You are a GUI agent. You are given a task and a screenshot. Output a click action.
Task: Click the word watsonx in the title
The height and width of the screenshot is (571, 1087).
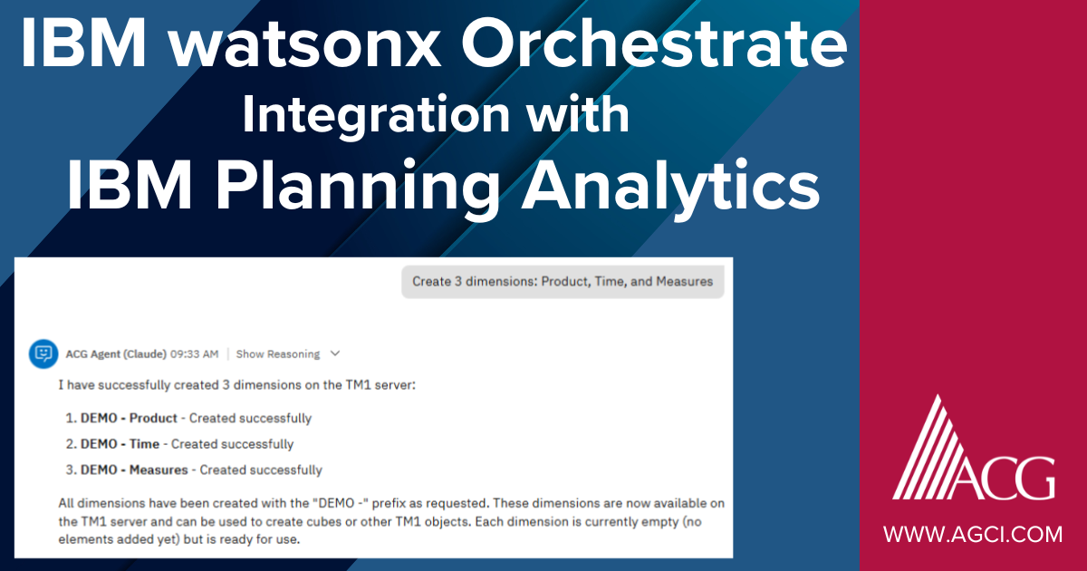(x=343, y=44)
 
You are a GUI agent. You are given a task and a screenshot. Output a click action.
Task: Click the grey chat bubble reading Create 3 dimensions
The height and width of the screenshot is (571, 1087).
(x=563, y=281)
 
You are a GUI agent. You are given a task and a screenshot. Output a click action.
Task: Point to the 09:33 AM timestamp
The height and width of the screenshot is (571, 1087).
(x=197, y=353)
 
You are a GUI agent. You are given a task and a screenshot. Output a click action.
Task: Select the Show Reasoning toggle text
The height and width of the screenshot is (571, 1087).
(x=277, y=353)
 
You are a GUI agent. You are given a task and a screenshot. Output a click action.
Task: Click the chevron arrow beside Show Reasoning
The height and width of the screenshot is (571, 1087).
(x=335, y=353)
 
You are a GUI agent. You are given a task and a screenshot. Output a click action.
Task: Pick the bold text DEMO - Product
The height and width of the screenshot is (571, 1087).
(x=129, y=419)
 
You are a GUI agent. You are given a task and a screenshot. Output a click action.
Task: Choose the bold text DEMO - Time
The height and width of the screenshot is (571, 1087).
(x=120, y=444)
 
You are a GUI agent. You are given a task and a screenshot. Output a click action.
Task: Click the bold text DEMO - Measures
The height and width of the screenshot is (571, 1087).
(x=134, y=470)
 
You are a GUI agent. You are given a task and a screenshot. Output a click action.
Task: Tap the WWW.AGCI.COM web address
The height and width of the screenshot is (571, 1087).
(x=973, y=535)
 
